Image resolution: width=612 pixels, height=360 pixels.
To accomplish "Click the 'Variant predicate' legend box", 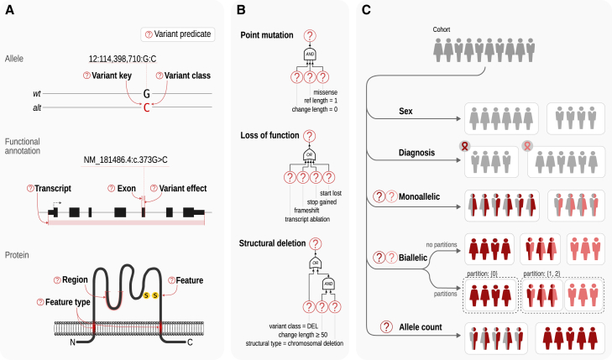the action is pos(178,34).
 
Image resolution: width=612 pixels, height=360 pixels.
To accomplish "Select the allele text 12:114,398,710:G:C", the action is pos(123,59).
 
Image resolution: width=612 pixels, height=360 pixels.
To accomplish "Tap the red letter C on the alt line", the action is pos(147,107).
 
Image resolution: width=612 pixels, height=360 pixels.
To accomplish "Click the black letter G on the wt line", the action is pos(147,94).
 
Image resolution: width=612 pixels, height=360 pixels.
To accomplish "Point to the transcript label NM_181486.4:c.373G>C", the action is pos(125,160).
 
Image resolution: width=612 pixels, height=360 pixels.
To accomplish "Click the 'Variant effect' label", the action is pos(183,188).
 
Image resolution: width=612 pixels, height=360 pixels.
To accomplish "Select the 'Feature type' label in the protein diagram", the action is pos(67,302).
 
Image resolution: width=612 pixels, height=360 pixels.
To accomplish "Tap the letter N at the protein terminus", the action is pos(72,342).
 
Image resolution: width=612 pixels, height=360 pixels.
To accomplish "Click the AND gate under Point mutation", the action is pos(310,55).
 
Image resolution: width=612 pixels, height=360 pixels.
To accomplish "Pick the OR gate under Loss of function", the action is pos(310,155).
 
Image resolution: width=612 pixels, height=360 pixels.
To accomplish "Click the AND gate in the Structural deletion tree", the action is pos(328,284).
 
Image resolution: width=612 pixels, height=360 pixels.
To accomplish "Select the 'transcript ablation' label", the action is pos(307,219).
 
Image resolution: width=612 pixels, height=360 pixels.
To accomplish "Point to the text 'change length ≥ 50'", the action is pos(303,335).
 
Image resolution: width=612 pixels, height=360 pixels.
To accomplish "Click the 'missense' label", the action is pos(326,92).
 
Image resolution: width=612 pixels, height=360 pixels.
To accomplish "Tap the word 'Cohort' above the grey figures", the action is pos(442,29).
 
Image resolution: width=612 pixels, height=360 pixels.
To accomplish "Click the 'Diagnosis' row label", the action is pos(416,153).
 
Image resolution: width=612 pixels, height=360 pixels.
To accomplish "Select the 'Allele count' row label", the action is pos(421,327).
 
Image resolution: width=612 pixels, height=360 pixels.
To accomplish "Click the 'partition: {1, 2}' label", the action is pos(541,274).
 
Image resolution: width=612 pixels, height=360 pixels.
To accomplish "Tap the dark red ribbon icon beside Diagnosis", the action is pos(464,146).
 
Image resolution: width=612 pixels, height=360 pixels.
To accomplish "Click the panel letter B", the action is pos(241,10).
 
